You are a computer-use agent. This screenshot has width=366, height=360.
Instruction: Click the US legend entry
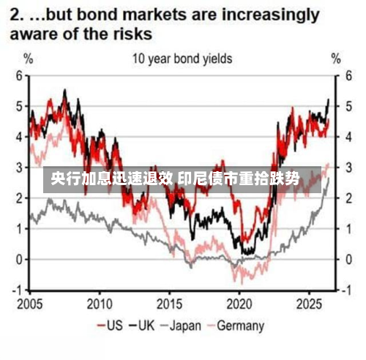(x=110, y=326)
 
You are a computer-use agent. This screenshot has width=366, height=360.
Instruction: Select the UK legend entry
(x=142, y=326)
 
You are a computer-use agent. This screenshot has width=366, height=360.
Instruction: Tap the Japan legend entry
(x=181, y=326)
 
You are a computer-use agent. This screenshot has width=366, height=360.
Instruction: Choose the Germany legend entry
(x=236, y=326)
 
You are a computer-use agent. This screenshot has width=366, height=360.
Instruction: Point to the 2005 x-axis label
(x=29, y=304)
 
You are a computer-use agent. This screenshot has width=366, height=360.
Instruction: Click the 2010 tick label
(x=100, y=304)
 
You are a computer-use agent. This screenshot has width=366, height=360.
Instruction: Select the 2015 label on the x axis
(x=169, y=304)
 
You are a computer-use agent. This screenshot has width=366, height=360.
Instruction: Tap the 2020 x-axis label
(x=239, y=304)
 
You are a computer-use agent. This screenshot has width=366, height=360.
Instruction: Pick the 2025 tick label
(x=309, y=304)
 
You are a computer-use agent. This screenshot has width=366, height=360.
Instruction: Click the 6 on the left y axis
(x=20, y=76)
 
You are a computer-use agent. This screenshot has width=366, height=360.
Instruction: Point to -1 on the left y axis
(x=18, y=290)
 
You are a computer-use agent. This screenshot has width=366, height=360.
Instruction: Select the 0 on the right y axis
(x=349, y=260)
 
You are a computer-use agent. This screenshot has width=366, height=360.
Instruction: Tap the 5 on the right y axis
(x=349, y=107)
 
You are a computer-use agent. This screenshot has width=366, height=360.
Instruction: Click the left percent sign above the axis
(x=29, y=59)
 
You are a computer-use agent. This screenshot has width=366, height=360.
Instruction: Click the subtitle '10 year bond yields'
(x=182, y=59)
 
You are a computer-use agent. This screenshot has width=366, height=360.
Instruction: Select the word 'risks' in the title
(x=132, y=34)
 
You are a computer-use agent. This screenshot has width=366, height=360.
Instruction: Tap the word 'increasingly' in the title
(x=270, y=15)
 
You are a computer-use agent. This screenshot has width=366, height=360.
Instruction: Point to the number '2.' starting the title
(x=17, y=15)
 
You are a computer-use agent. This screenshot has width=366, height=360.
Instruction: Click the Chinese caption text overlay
(x=175, y=179)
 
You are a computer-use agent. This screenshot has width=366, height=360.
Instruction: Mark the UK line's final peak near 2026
(x=329, y=100)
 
